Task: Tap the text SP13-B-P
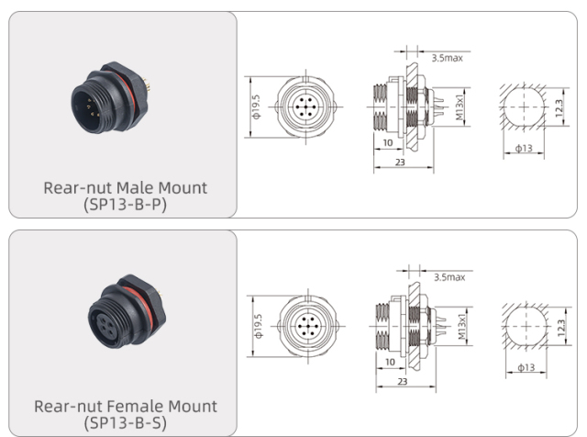(126, 204)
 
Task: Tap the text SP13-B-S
(126, 421)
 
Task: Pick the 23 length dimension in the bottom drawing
(402, 378)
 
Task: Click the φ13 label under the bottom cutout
(526, 367)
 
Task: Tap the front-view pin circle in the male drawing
(303, 107)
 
